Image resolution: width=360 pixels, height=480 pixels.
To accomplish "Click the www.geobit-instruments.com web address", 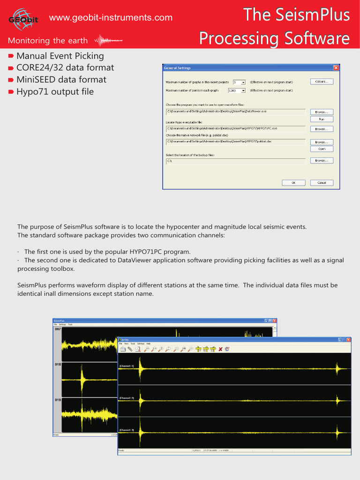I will tap(111, 18).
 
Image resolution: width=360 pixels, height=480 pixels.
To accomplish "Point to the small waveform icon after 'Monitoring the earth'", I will tap(112, 40).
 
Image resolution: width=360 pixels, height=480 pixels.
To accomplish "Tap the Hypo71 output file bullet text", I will tap(55, 91).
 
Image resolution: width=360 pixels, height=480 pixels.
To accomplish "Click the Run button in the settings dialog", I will tap(322, 119).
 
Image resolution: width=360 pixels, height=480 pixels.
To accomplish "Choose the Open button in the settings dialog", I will tap(322, 149).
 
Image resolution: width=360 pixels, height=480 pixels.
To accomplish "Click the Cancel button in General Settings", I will tap(322, 182).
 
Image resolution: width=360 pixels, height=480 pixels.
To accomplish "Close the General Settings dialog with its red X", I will tap(336, 68).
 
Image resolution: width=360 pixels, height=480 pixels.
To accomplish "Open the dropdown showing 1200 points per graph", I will tap(243, 90).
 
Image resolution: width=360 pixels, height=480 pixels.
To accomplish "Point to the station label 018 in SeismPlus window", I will tap(58, 364).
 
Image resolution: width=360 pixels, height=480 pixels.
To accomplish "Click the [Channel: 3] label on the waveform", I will tap(127, 430).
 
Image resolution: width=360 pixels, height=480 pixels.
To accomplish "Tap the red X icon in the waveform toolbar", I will tap(220, 349).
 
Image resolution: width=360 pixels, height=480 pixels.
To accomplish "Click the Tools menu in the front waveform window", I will tap(133, 344).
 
